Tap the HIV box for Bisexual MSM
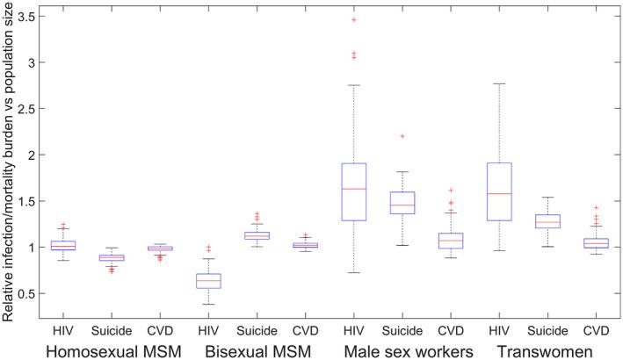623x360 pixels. (x=207, y=280)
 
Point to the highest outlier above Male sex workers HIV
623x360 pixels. (x=353, y=19)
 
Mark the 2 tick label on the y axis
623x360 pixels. (x=35, y=155)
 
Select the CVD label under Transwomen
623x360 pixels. (x=596, y=330)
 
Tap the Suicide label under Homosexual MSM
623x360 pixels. (x=111, y=330)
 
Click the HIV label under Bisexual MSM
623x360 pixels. (x=207, y=330)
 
